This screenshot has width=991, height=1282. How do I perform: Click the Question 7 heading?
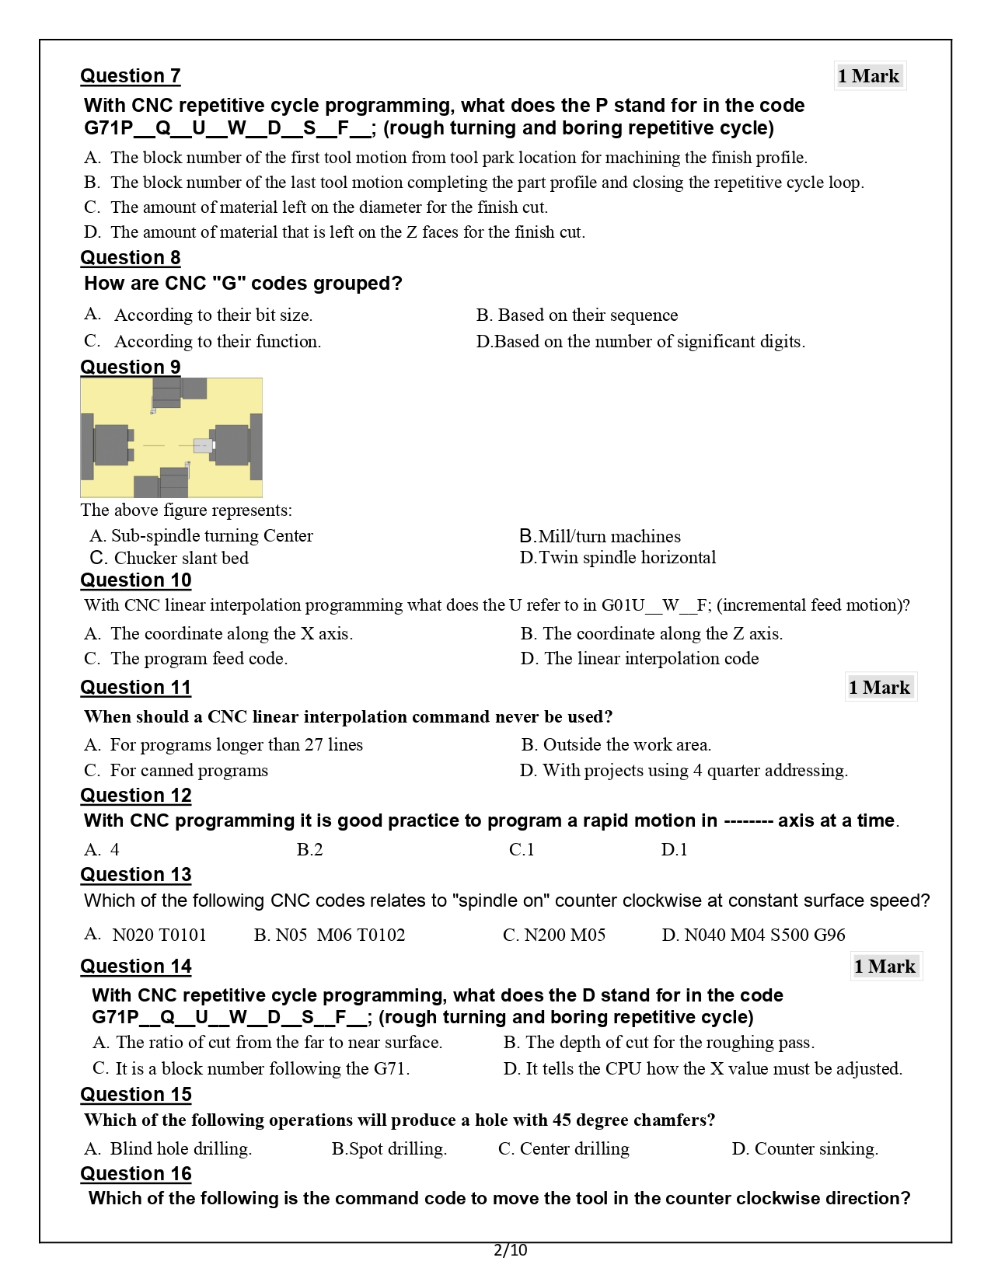point(131,76)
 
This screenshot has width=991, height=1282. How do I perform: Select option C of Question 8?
point(203,342)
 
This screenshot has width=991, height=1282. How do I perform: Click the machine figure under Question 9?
point(171,437)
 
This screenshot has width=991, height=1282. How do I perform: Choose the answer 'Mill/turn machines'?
point(600,537)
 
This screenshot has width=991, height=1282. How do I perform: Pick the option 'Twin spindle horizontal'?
point(618,558)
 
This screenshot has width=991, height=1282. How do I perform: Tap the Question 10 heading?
point(136,580)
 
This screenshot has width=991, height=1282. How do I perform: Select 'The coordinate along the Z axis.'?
point(652,634)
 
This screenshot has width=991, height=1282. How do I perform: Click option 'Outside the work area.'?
point(616,745)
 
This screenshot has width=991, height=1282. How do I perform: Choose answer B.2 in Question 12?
point(309,850)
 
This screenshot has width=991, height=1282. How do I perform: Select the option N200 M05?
point(554,935)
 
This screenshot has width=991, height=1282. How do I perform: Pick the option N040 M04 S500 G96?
point(753,935)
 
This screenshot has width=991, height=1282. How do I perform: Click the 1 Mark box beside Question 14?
point(885,967)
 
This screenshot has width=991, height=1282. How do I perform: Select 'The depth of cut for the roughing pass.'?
point(659,1043)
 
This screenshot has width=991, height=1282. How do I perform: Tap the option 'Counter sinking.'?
point(805,1149)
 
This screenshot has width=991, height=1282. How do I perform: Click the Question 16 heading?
point(136,1174)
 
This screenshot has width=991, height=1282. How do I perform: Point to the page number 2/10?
point(510,1250)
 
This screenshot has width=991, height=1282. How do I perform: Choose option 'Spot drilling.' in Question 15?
point(389,1149)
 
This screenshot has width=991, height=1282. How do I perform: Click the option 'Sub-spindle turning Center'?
point(201,536)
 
